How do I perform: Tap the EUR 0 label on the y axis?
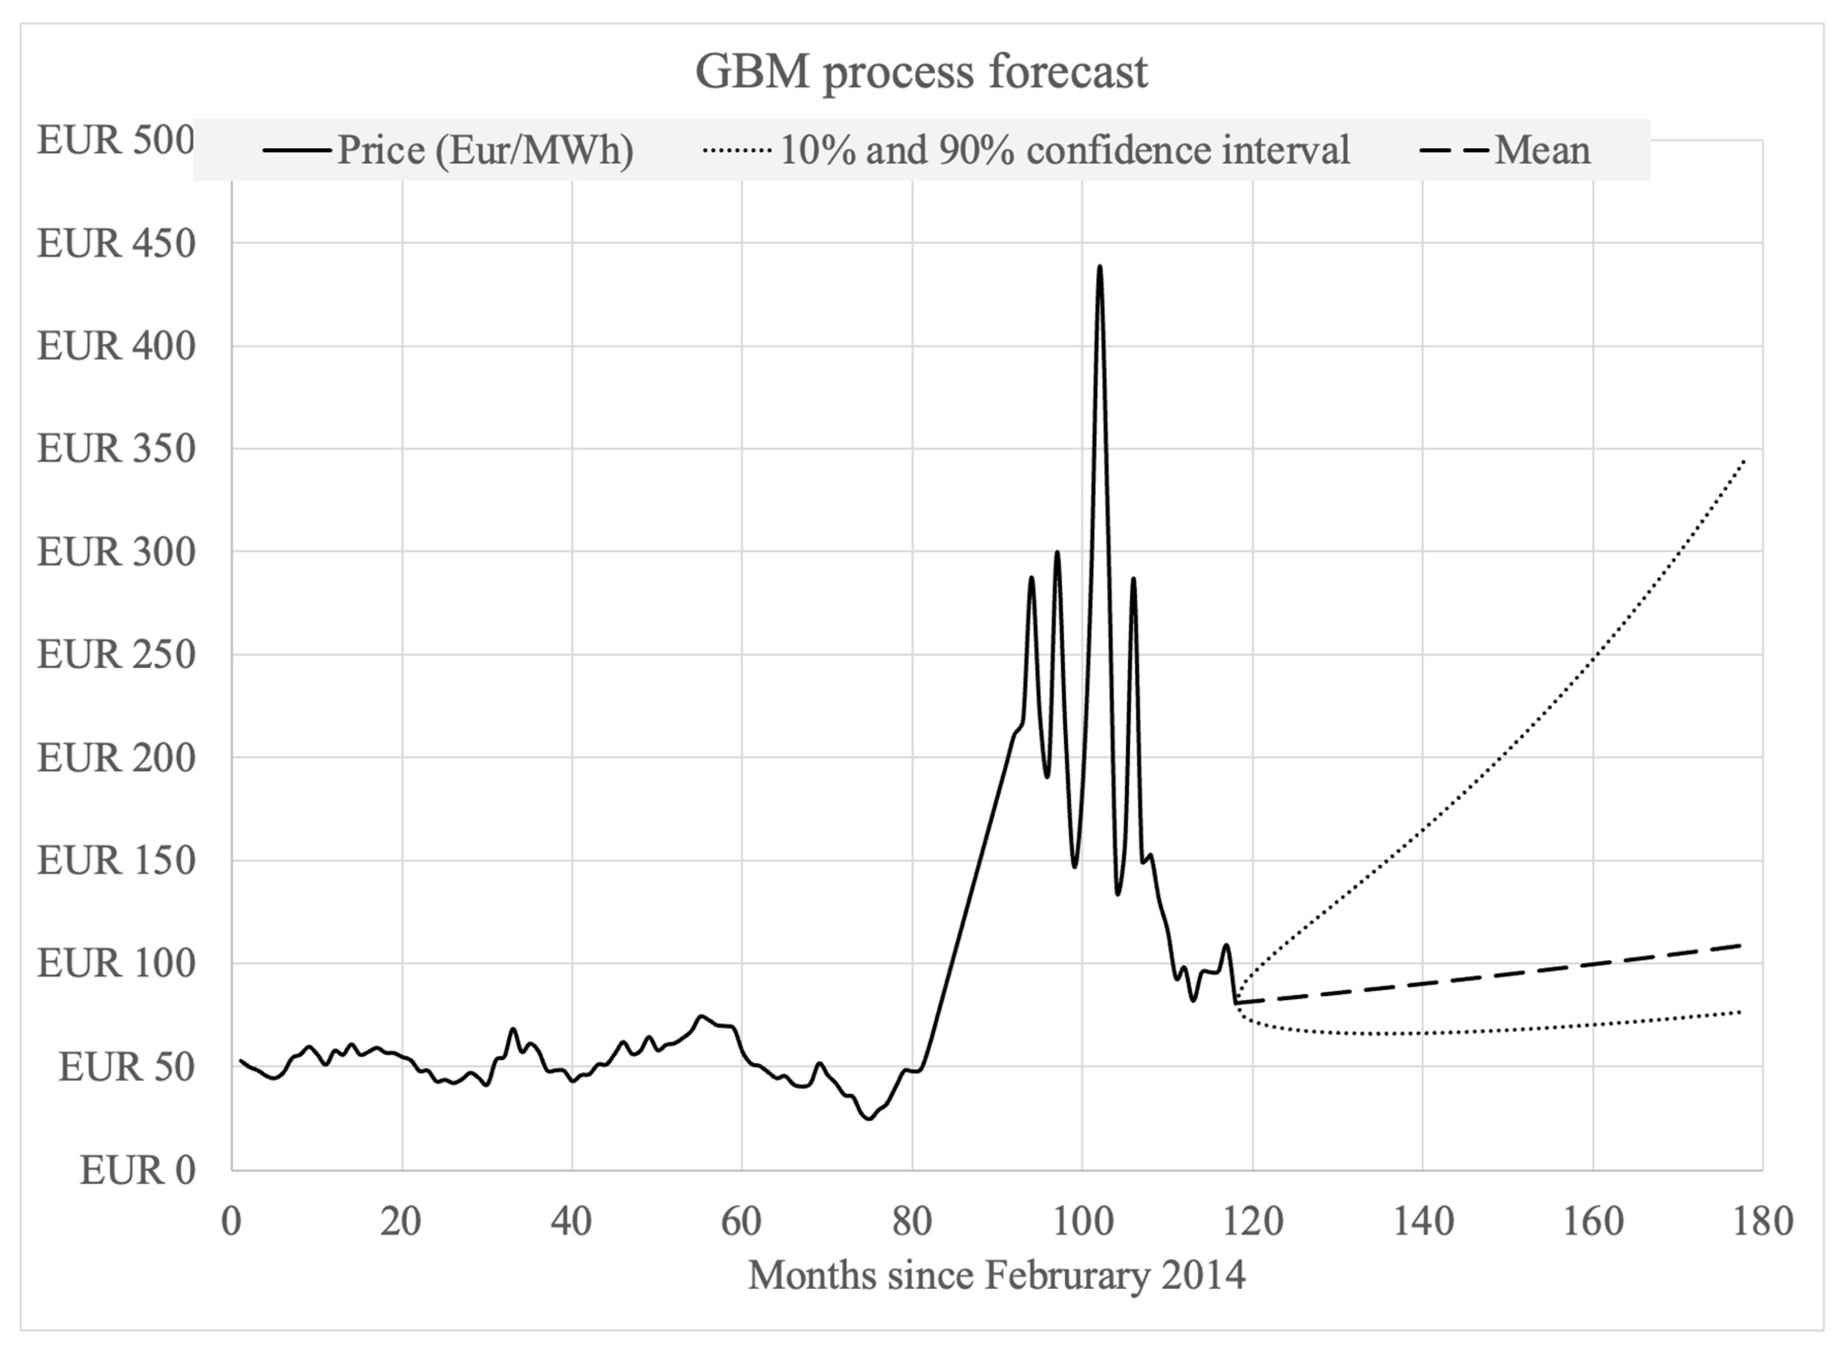pos(137,1170)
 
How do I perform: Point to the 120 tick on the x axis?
pos(1252,1222)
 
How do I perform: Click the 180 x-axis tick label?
pos(1762,1222)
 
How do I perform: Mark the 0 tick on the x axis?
pos(232,1222)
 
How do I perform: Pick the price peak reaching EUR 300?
pos(1057,552)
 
